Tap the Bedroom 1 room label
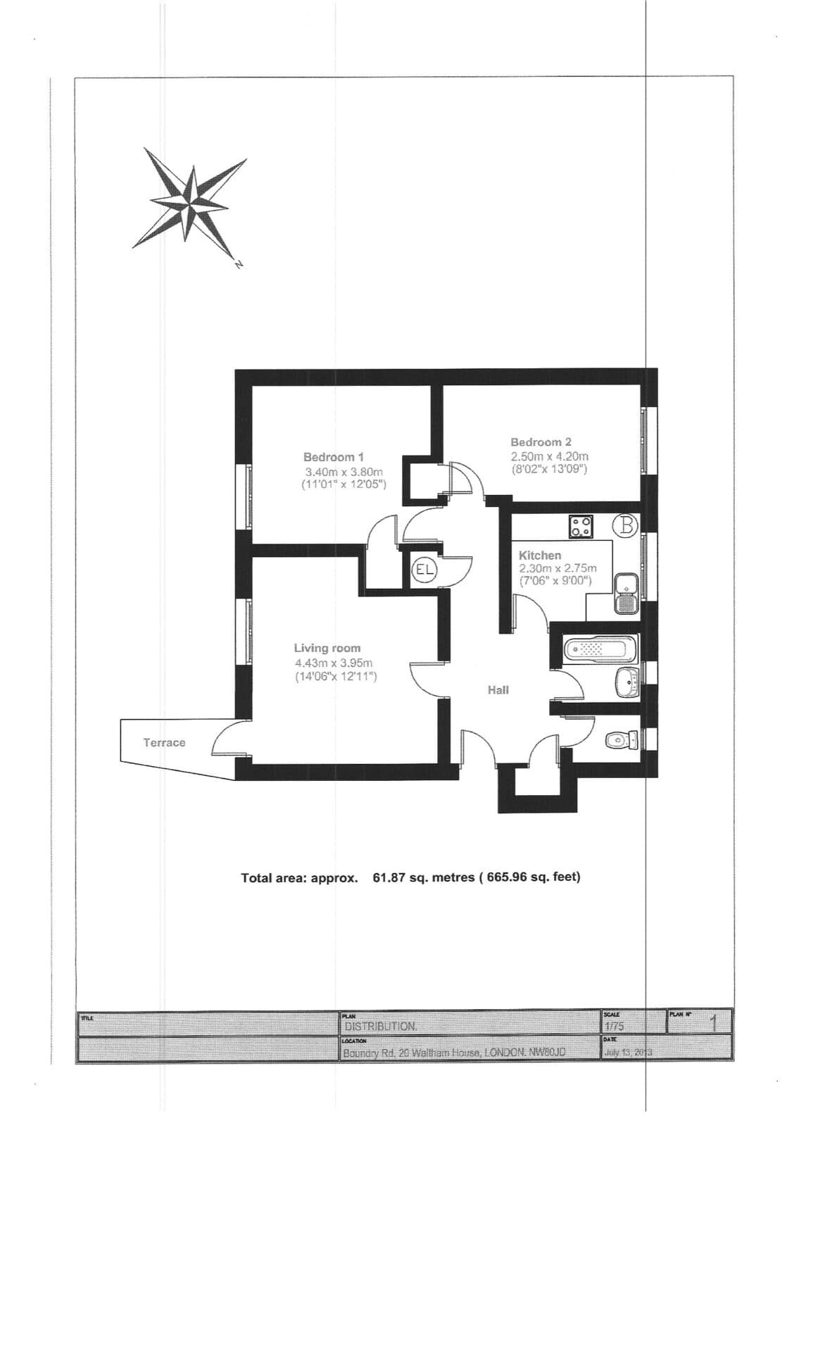(333, 457)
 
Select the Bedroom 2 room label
(541, 442)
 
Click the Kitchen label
(540, 556)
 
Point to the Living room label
(327, 648)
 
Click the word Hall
(498, 690)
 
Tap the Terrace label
(164, 742)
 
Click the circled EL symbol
(424, 569)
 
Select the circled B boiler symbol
(626, 525)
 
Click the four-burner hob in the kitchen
(581, 526)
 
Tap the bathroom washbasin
(626, 682)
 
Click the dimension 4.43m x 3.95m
(333, 663)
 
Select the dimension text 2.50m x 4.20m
(549, 456)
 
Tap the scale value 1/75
(614, 1027)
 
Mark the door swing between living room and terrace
(229, 739)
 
